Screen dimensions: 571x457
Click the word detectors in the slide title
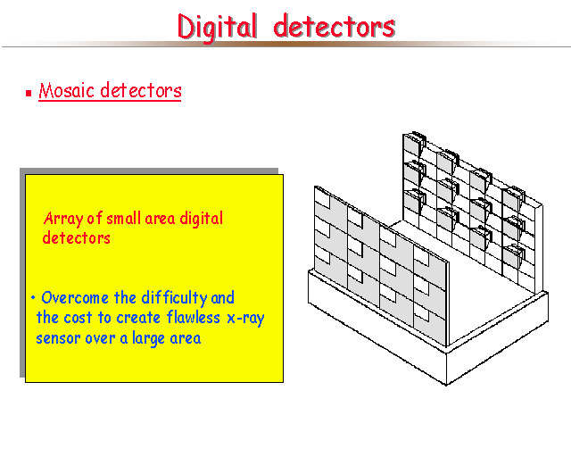coord(335,26)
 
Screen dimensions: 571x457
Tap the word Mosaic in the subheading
coord(67,90)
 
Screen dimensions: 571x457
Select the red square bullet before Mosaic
coord(29,94)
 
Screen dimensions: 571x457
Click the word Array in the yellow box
coord(63,219)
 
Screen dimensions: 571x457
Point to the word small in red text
coord(123,218)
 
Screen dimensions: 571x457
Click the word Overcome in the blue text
coord(75,298)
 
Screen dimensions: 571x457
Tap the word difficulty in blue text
coord(175,298)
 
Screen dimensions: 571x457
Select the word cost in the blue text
coord(78,318)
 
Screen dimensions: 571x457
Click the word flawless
coord(194,317)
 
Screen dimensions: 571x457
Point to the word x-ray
coord(246,319)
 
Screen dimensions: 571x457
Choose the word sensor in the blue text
coord(58,338)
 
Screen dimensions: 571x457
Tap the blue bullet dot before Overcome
coord(33,298)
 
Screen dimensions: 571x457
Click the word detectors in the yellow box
coord(76,238)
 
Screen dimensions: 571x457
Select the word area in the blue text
coord(186,338)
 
